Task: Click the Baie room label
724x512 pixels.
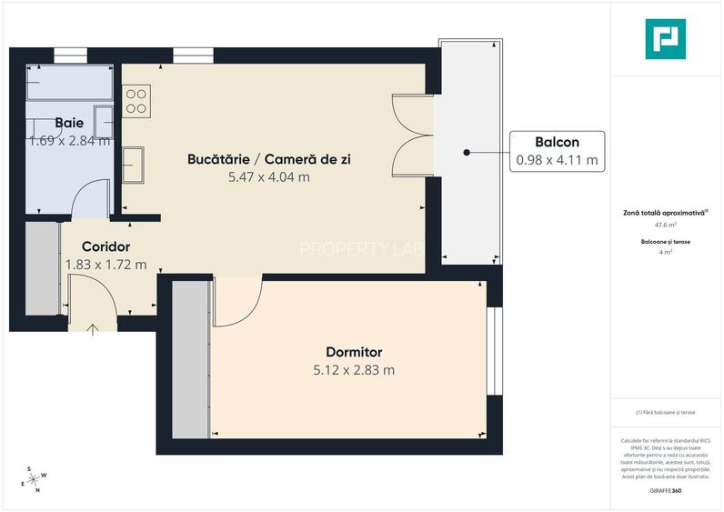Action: click(69, 122)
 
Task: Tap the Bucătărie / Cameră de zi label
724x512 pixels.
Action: click(268, 159)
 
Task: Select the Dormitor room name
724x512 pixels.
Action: click(354, 352)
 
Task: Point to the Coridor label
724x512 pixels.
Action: click(106, 246)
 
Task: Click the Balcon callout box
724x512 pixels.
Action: click(557, 151)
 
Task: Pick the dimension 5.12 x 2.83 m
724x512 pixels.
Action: click(354, 370)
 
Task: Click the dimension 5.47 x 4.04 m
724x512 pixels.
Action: click(268, 177)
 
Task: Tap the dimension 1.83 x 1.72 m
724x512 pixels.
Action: click(106, 265)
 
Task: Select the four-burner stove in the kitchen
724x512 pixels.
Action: click(136, 100)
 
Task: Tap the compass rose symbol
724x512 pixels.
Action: click(37, 479)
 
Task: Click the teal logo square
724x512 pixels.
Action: click(665, 39)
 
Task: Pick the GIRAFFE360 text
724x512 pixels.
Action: click(665, 491)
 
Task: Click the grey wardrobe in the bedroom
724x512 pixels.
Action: click(190, 359)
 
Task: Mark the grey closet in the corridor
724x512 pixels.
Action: click(42, 268)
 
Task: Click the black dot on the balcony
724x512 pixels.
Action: click(467, 152)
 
